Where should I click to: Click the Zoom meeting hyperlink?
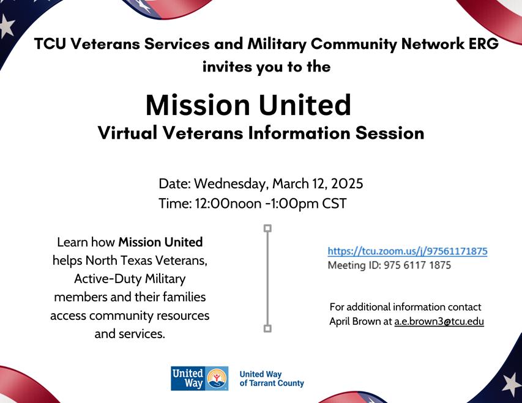pyautogui.click(x=408, y=251)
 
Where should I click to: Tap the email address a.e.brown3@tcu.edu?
pyautogui.click(x=439, y=322)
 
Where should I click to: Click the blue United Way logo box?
pyautogui.click(x=199, y=379)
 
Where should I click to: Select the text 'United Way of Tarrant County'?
pyautogui.click(x=272, y=379)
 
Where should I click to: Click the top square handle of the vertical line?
pyautogui.click(x=267, y=228)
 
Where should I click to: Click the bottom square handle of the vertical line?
pyautogui.click(x=267, y=328)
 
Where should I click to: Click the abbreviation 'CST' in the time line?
pyautogui.click(x=334, y=204)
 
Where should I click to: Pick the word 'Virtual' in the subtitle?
pyautogui.click(x=128, y=133)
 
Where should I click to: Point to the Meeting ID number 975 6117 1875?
pyautogui.click(x=417, y=265)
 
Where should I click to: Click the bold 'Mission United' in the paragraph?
pyautogui.click(x=160, y=242)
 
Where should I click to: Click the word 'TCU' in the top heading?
pyautogui.click(x=50, y=44)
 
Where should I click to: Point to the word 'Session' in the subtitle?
pyautogui.click(x=390, y=133)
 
